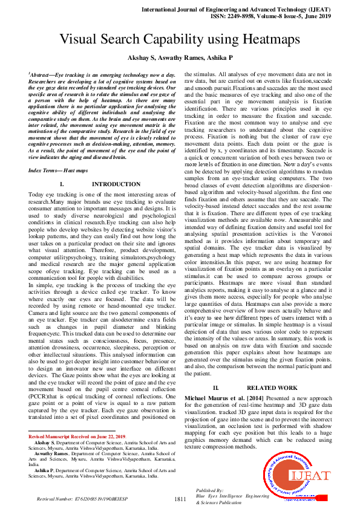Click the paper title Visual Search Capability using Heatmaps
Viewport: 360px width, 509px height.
(180, 40)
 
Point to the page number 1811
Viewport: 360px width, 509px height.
(180, 499)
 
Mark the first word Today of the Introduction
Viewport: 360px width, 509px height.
(37, 195)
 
